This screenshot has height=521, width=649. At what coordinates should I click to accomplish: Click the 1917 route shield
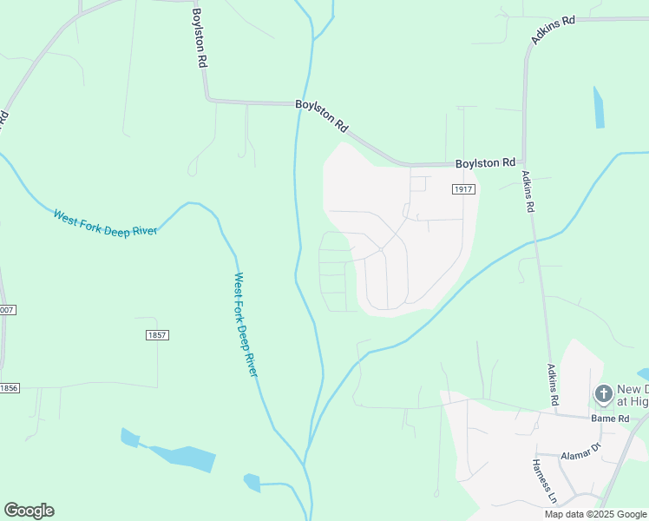point(462,188)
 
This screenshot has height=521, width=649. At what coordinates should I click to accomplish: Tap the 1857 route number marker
point(157,335)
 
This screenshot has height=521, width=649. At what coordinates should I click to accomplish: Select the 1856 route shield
point(9,388)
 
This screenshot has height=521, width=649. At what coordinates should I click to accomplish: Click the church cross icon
point(603,395)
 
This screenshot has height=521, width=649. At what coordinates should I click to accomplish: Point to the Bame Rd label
point(610,419)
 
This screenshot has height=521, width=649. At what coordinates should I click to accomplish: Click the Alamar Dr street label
point(580,452)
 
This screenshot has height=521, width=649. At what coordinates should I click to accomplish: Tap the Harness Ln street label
point(543,482)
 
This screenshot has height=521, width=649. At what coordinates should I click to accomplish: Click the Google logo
point(29,510)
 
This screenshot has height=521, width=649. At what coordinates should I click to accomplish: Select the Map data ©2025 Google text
point(595,514)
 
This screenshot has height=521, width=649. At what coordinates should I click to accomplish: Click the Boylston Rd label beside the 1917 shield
point(485,162)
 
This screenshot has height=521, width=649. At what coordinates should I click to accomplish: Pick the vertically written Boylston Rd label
point(199,38)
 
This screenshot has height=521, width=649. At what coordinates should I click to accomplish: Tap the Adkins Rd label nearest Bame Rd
point(553,386)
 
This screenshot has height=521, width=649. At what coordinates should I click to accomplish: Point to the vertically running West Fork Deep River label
point(246,324)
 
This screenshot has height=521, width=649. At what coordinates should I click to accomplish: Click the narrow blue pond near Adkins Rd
point(598,107)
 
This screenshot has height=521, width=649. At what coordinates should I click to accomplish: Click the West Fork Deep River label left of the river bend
point(106,223)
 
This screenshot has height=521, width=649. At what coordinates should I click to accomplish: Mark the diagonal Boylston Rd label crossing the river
point(322,115)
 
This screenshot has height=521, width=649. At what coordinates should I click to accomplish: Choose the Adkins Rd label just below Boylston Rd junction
point(528,191)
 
